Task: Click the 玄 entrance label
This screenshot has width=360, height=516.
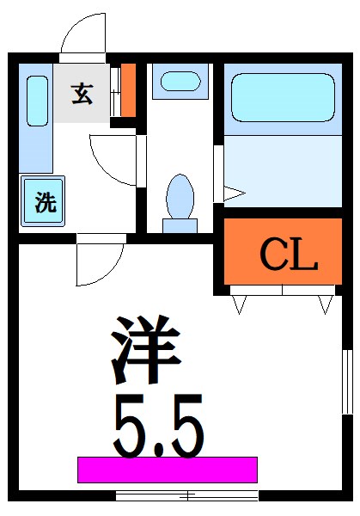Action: click(82, 94)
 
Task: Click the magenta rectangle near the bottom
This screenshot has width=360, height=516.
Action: click(168, 470)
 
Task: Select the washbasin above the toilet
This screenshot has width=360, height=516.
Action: click(180, 82)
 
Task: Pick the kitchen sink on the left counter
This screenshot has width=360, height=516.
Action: click(36, 101)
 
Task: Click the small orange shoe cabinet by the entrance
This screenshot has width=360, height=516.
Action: click(128, 90)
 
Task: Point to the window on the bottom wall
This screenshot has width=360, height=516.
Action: click(187, 494)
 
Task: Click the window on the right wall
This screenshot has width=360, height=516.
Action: click(347, 383)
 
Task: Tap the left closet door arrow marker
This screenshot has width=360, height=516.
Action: click(240, 303)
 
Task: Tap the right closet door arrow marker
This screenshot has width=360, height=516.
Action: click(325, 303)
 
